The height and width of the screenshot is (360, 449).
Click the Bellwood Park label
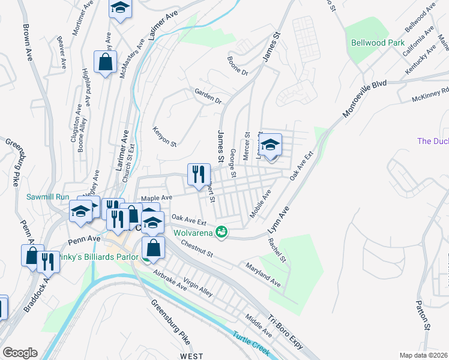378,43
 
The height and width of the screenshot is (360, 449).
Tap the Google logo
19,353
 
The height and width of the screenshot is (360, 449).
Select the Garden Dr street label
208,95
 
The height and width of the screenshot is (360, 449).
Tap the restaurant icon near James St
199,174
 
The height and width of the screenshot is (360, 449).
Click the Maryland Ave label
262,274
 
